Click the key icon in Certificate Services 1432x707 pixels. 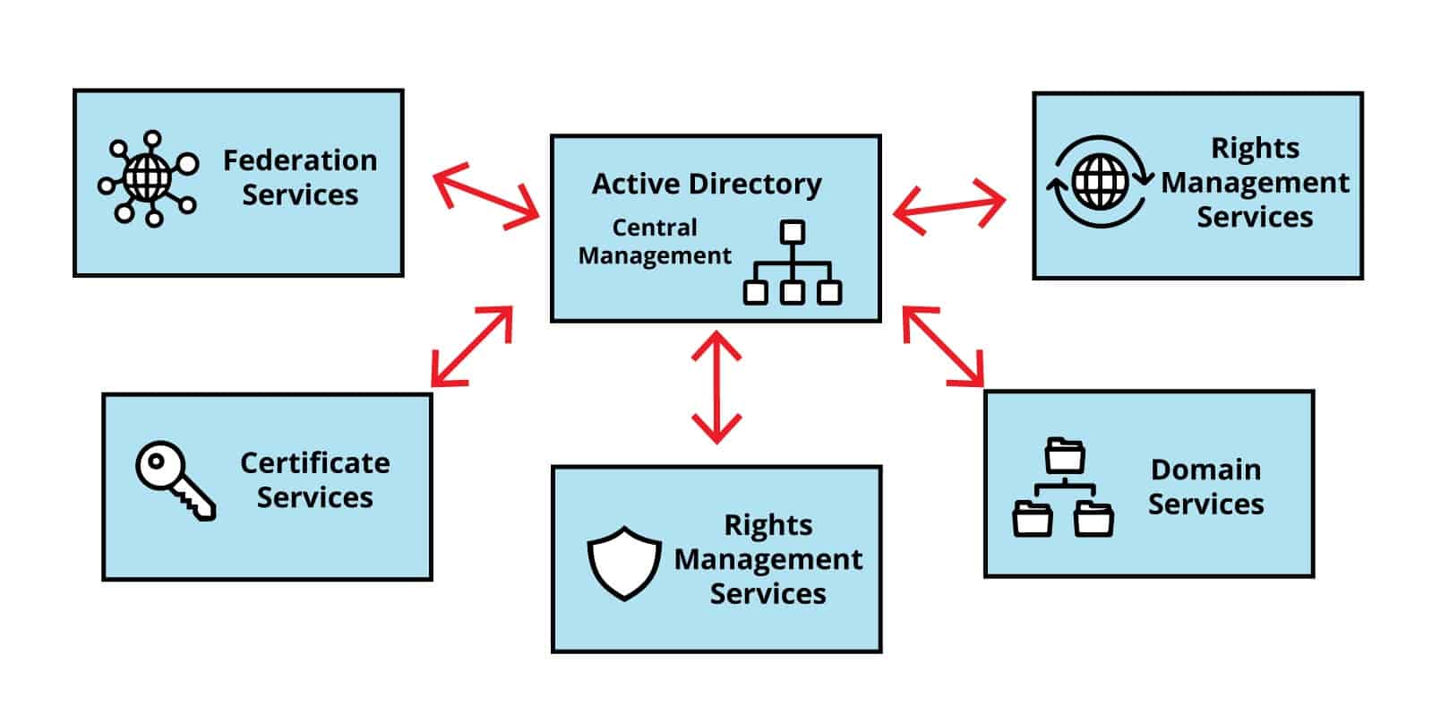point(175,479)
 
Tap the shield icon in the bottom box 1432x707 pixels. point(623,563)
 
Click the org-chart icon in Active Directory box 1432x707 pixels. point(793,263)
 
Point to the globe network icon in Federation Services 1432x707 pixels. point(148,178)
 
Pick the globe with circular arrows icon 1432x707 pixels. point(1100,181)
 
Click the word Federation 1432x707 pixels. point(300,160)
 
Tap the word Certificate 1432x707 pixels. point(314,462)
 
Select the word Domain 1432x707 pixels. point(1205,470)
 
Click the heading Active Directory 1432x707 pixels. point(707,184)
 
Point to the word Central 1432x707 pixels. point(654,228)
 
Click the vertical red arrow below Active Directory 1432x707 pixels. point(716,387)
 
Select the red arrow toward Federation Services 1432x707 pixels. point(486,196)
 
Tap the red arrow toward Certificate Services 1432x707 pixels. point(471,346)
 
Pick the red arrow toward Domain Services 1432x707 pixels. point(943,347)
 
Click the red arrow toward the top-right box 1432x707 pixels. point(949,207)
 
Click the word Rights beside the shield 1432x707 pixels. point(767,525)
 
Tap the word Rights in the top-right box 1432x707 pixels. point(1255,148)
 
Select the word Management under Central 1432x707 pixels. point(655,256)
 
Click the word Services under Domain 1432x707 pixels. point(1205,504)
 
